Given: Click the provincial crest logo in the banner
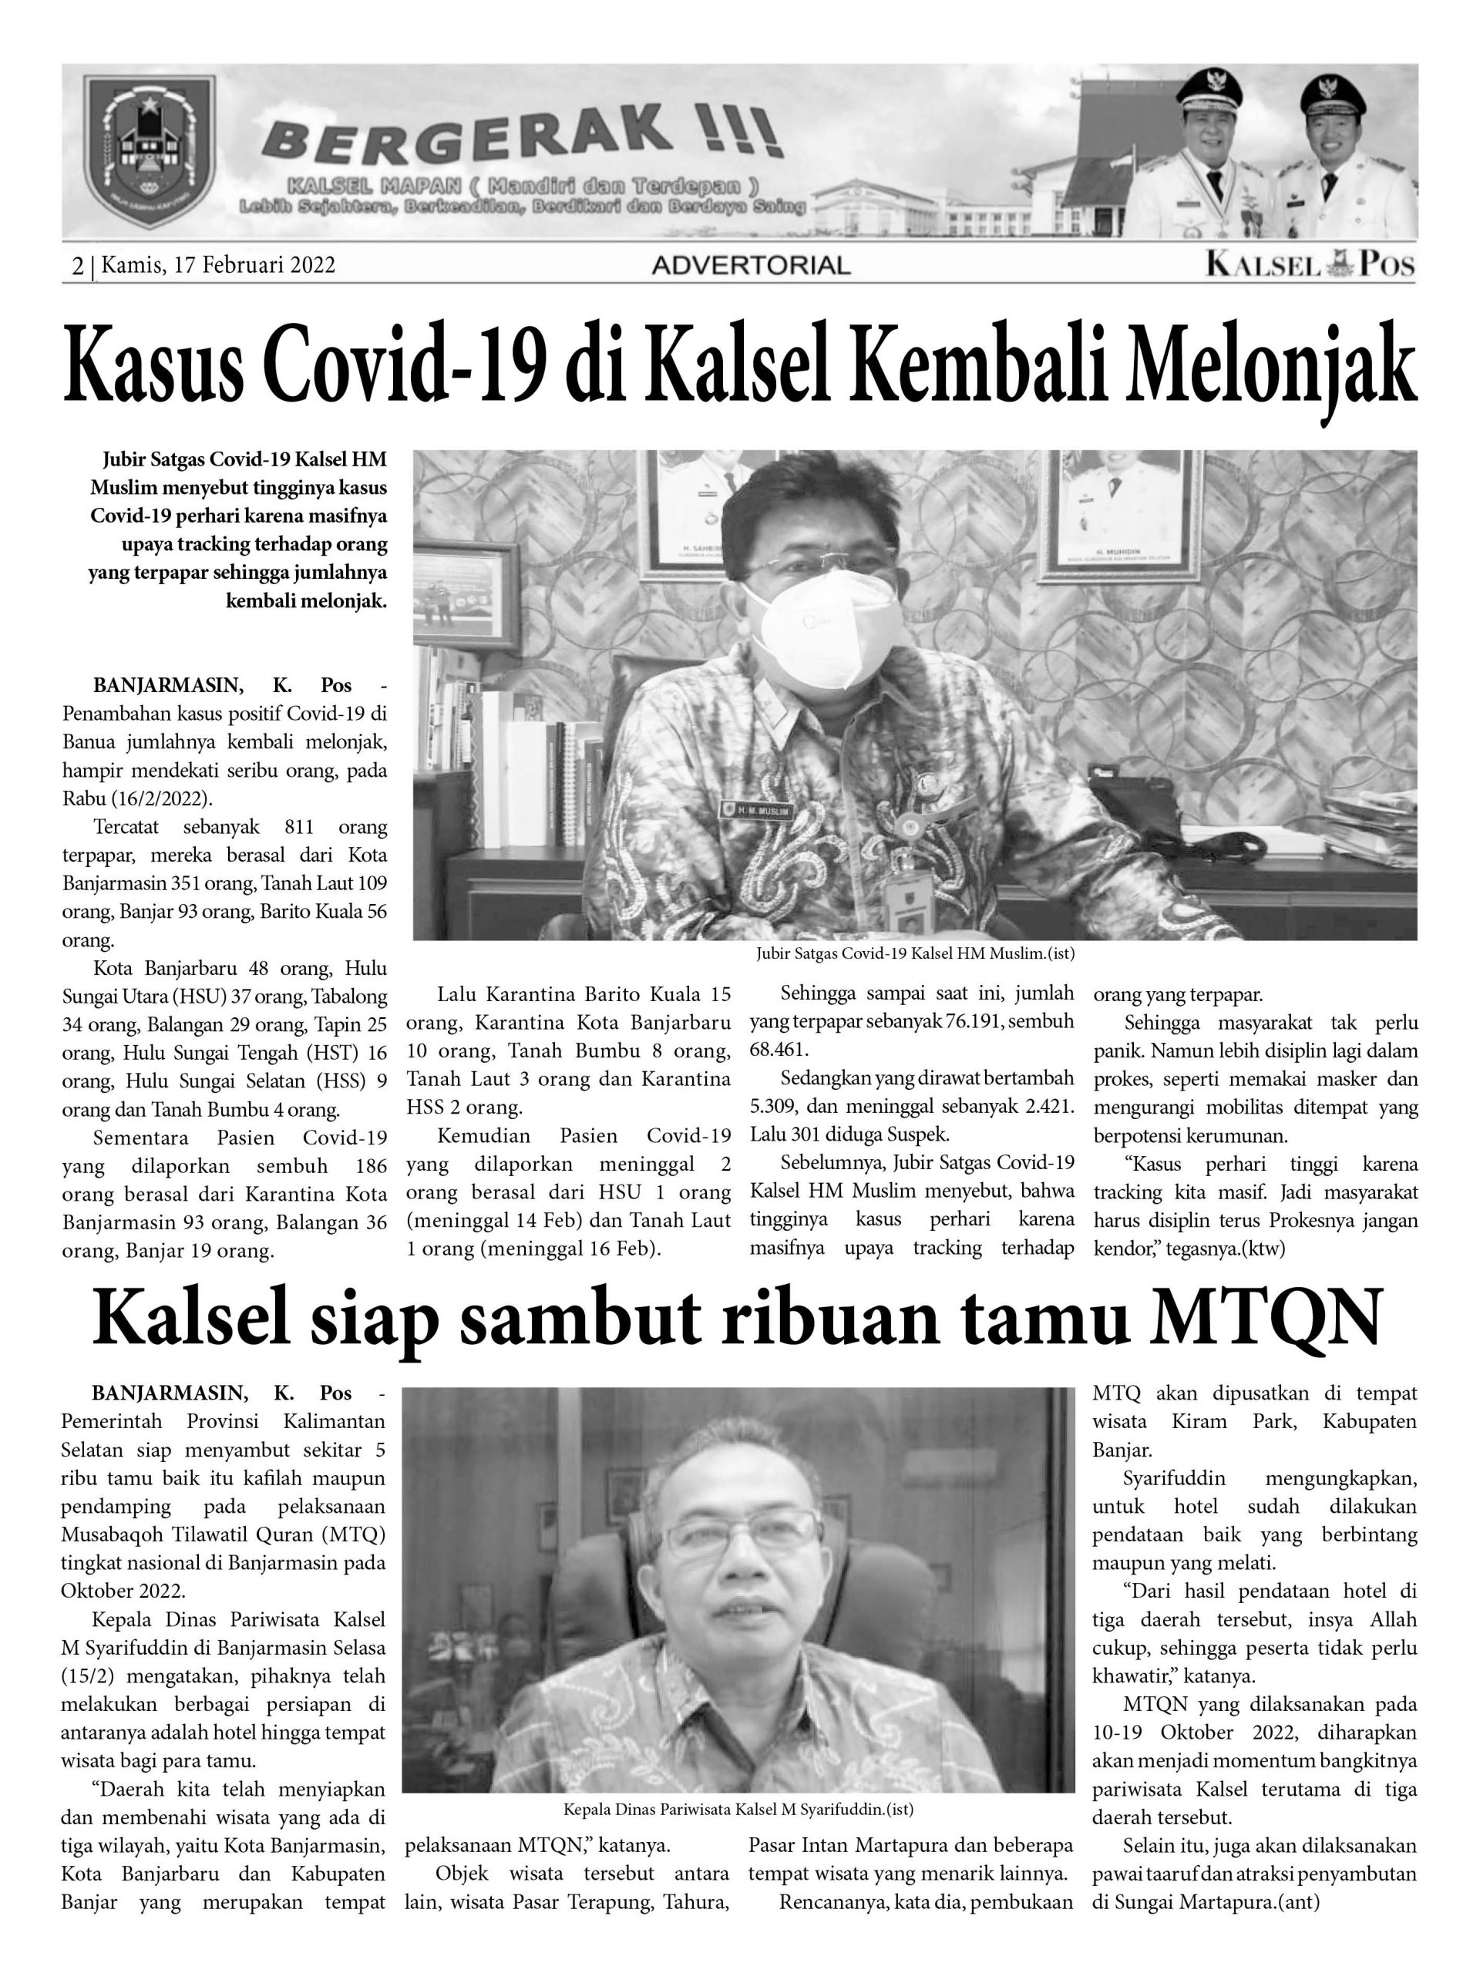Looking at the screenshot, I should coord(148,153).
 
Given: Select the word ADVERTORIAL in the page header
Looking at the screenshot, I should coord(750,265).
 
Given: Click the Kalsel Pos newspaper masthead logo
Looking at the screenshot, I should coord(1310,264).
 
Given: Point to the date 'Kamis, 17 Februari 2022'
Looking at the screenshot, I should coord(219,265).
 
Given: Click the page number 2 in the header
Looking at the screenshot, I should coord(78,265).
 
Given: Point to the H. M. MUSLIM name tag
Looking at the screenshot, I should coord(753,809).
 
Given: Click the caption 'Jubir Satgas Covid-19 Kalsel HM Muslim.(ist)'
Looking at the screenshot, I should coord(914,953).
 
